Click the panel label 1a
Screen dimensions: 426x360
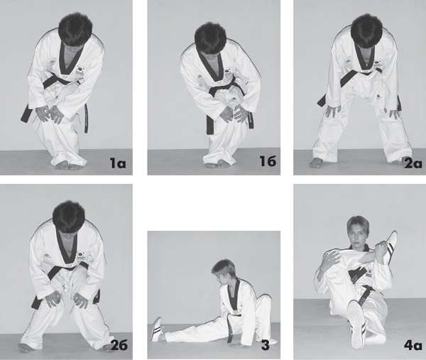coord(118,163)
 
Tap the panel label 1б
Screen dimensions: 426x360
coord(268,161)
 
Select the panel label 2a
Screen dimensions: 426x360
coord(413,163)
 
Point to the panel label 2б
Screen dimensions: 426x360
coord(119,345)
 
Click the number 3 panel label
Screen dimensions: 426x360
coord(265,345)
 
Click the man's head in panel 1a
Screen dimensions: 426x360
coord(75,30)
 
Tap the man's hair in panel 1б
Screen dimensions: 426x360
coord(211,38)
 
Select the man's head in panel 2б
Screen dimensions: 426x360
coord(69,217)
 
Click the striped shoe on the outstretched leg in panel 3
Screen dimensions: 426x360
coord(157,329)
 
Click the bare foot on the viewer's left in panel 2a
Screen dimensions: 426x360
coord(316,163)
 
